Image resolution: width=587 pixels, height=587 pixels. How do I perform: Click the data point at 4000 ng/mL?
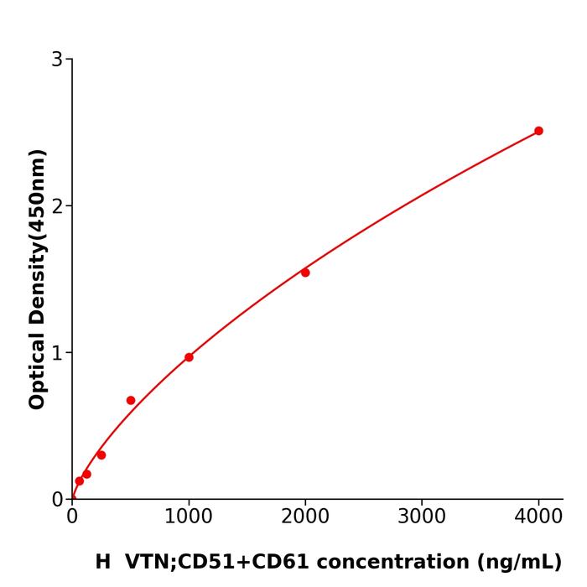point(538,131)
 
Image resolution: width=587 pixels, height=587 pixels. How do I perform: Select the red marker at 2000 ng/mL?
point(305,273)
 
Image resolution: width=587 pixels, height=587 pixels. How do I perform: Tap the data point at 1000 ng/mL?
point(189,357)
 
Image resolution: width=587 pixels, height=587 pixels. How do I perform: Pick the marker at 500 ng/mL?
point(131,400)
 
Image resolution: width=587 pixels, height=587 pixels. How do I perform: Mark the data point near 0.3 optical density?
point(101,455)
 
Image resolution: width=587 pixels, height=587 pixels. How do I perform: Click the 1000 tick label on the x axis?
point(189,516)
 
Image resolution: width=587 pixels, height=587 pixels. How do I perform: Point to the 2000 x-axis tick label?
point(305,516)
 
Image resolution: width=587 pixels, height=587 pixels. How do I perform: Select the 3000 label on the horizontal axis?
point(422,516)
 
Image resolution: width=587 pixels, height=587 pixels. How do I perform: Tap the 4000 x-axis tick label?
point(538,516)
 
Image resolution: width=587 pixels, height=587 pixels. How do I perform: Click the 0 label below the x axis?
point(72,516)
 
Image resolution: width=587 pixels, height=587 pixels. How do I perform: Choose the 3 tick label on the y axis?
point(57,60)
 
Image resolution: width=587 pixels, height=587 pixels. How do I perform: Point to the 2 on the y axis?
point(57,206)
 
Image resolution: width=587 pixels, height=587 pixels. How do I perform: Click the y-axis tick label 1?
point(57,353)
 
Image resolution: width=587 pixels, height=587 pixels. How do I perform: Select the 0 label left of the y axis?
point(57,500)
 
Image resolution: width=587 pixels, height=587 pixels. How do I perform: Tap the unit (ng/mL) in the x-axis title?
point(519,562)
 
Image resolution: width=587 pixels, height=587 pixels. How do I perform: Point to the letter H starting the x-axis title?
point(102,562)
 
